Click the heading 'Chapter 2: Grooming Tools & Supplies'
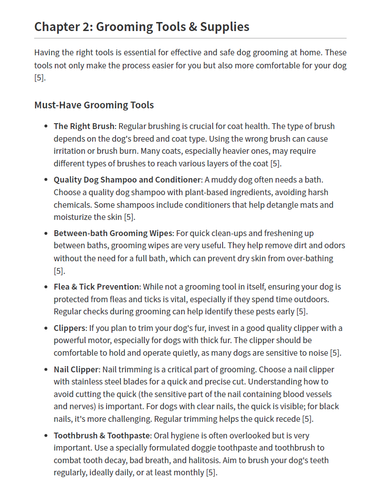[142, 27]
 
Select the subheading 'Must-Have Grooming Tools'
[94, 105]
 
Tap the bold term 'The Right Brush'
[84, 126]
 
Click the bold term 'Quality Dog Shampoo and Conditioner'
[127, 180]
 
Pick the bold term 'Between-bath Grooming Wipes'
[113, 233]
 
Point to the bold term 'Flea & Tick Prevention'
[96, 287]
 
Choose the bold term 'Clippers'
[69, 328]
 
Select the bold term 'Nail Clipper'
[76, 370]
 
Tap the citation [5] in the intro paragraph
[40, 77]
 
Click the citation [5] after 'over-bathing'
[59, 271]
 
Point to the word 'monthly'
[189, 473]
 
